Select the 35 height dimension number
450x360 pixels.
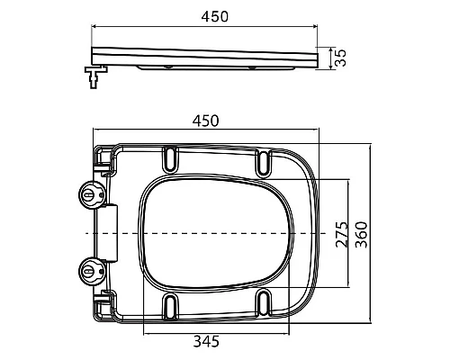point(340,58)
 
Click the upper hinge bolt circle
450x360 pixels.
point(91,194)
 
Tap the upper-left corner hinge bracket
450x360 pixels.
point(103,159)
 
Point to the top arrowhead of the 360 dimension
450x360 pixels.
point(372,144)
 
